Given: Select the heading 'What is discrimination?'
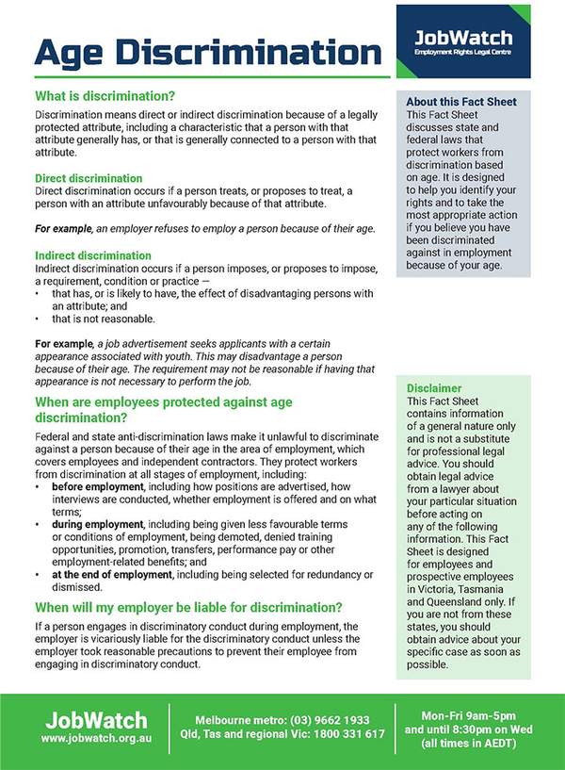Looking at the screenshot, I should (x=105, y=96).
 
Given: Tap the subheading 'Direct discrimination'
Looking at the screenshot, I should (x=89, y=178).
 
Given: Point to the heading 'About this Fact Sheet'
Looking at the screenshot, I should (x=460, y=102).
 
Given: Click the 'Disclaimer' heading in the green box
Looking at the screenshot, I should (x=434, y=387).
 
